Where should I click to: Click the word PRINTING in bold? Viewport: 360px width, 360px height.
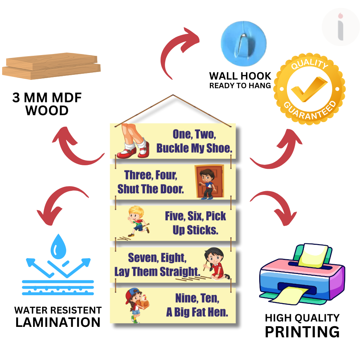[302, 332]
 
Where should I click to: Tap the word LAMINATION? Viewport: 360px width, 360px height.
[58, 322]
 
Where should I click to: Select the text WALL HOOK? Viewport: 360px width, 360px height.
[240, 76]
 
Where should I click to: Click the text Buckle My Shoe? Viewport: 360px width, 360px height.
[194, 148]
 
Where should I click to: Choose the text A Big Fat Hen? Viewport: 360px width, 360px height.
[197, 312]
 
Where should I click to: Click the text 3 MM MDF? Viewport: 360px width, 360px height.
[47, 98]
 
